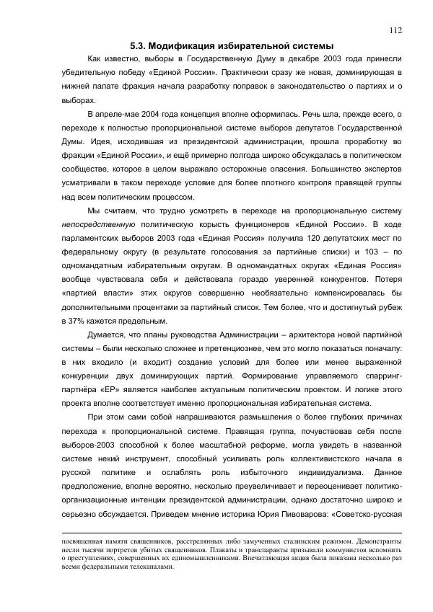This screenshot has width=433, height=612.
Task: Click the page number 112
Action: pyautogui.click(x=395, y=30)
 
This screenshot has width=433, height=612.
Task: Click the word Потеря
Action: pyautogui.click(x=388, y=279)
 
